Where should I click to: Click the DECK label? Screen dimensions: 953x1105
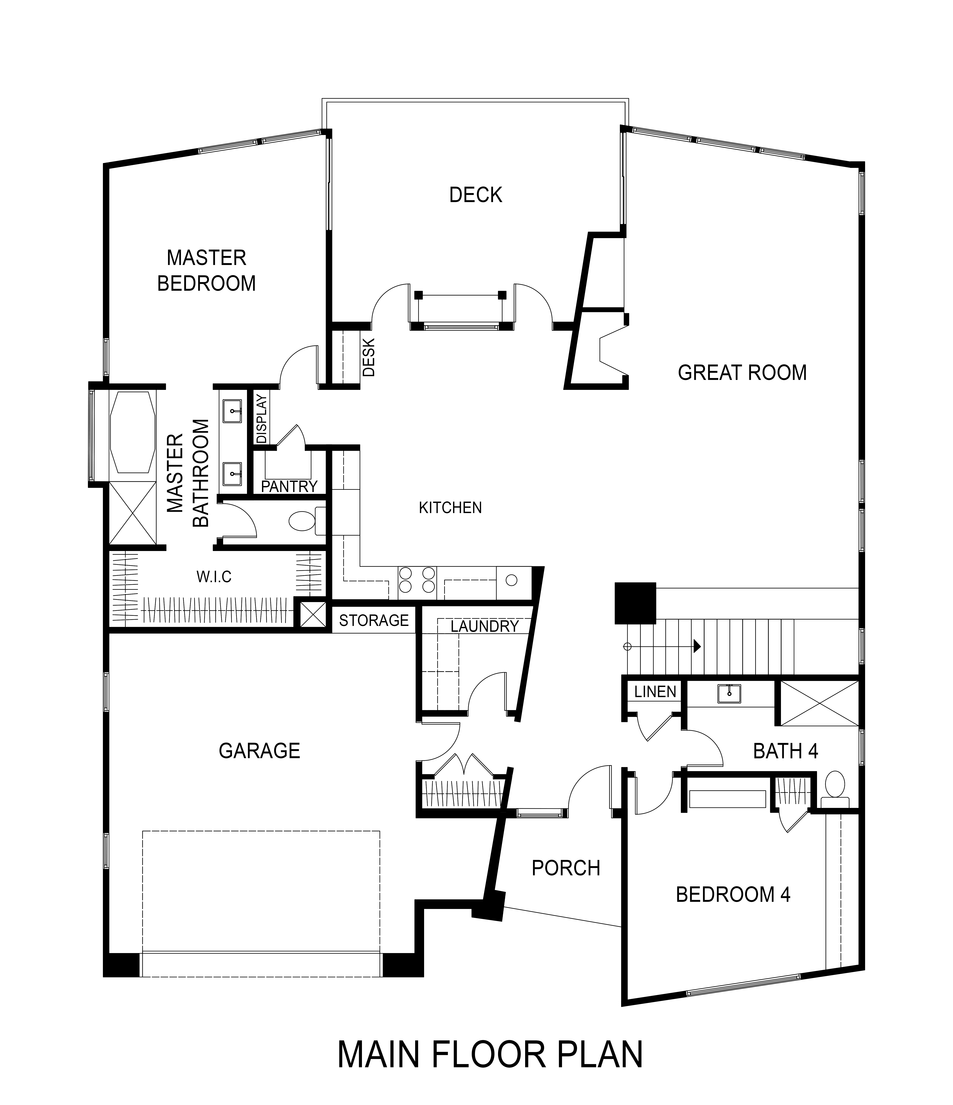pyautogui.click(x=476, y=195)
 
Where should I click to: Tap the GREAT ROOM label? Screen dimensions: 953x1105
pyautogui.click(x=742, y=372)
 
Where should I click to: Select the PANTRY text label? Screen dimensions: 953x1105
pyautogui.click(x=289, y=486)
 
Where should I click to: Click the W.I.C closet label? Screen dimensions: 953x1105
pyautogui.click(x=214, y=577)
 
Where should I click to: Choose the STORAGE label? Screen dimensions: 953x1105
pyautogui.click(x=374, y=620)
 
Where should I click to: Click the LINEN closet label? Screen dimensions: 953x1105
pyautogui.click(x=655, y=692)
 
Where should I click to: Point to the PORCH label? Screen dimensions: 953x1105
pyautogui.click(x=566, y=868)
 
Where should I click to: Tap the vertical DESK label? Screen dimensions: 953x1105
pyautogui.click(x=369, y=357)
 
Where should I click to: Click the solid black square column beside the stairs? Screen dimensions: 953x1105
pyautogui.click(x=635, y=603)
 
